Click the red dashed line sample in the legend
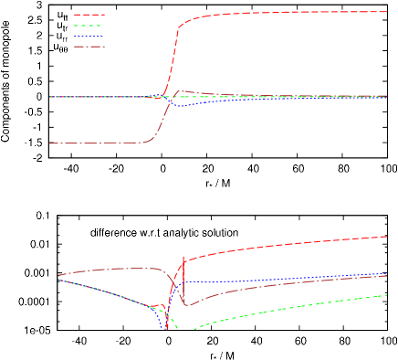click(x=89, y=15)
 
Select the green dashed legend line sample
click(x=89, y=26)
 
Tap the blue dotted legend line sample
click(x=89, y=37)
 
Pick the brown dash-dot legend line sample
click(x=89, y=47)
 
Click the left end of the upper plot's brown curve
click(x=51, y=143)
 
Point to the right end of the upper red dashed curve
click(x=386, y=12)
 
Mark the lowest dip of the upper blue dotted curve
click(x=181, y=106)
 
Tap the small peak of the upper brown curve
click(x=182, y=91)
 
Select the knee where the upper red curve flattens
click(x=180, y=26)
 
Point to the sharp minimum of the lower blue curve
click(x=165, y=327)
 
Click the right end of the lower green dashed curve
click(x=386, y=295)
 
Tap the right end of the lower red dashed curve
click(x=386, y=237)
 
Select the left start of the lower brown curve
click(x=58, y=275)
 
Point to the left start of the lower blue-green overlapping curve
click(x=58, y=280)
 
